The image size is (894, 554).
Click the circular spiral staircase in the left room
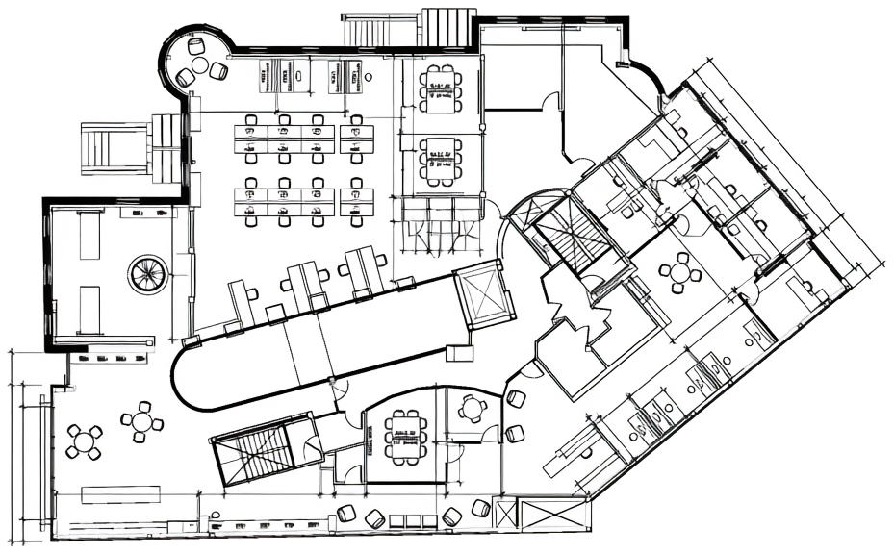coord(147,274)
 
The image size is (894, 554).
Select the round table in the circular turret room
coord(199,65)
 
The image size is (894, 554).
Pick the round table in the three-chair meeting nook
coord(472,410)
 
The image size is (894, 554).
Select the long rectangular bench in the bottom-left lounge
coord(120,494)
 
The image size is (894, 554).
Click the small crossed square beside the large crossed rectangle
coord(507,509)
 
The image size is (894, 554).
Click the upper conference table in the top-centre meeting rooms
coord(440,88)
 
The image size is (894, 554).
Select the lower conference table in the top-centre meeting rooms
coord(440,161)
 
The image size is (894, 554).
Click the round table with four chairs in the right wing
coord(681,273)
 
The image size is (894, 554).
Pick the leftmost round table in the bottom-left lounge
coord(84,441)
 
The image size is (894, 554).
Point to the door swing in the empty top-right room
coord(549,102)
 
